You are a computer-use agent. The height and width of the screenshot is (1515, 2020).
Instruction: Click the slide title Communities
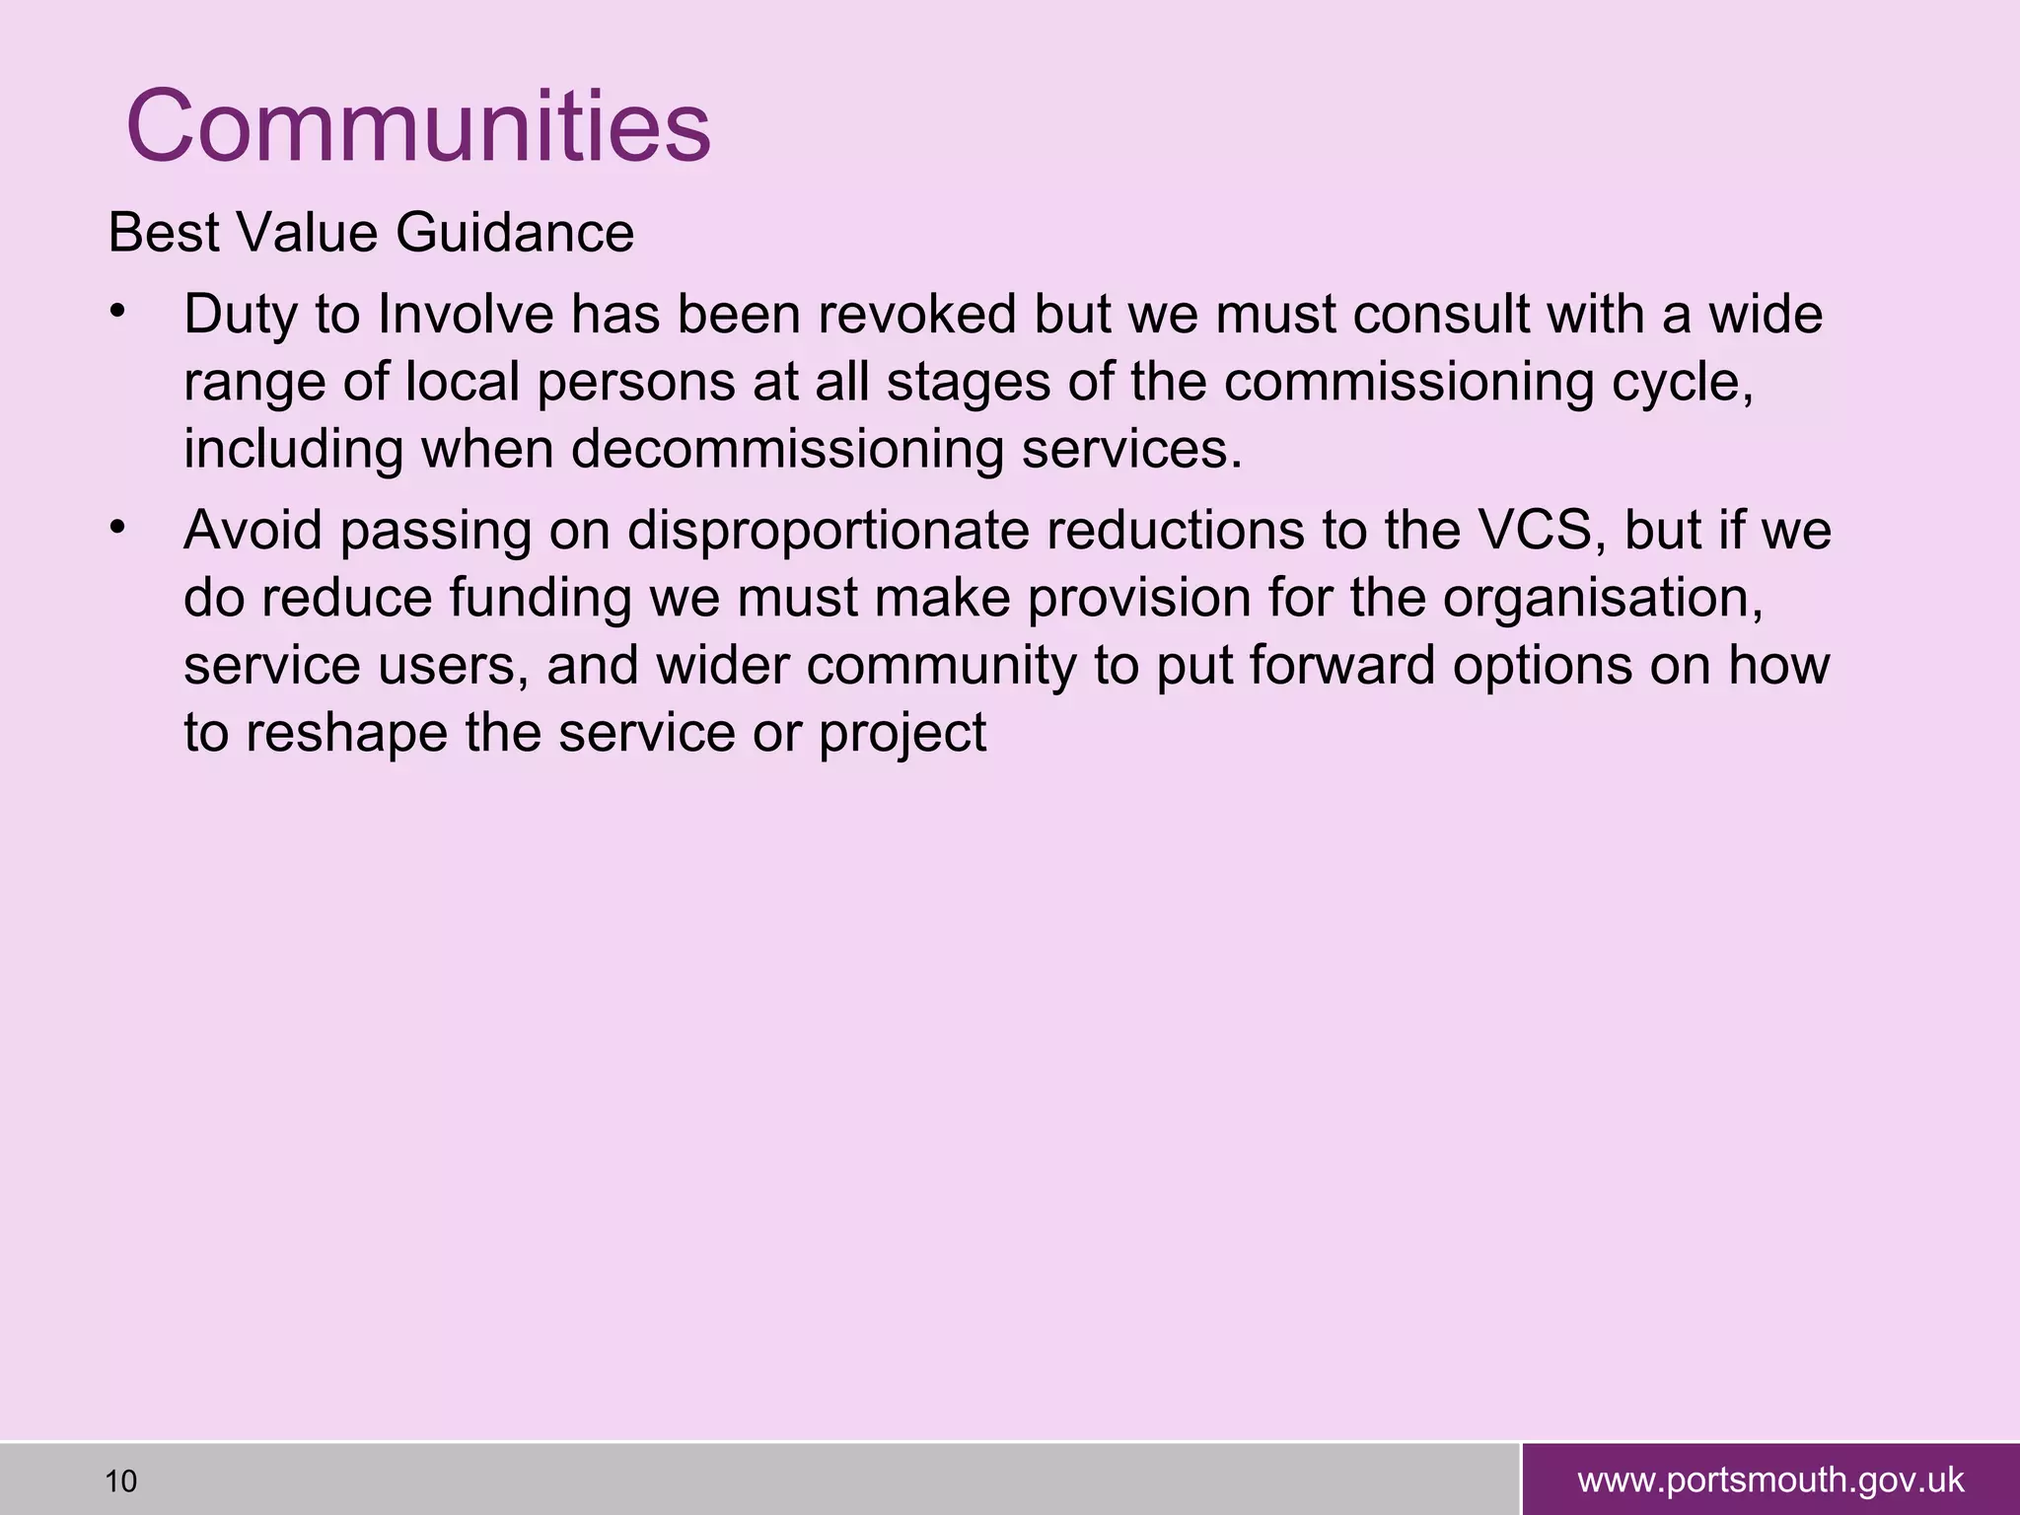coord(418,127)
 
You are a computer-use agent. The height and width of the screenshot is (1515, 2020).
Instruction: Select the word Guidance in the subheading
coord(515,234)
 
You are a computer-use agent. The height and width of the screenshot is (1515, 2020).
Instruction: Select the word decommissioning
coord(787,450)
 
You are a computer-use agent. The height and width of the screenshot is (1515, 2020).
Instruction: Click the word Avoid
coord(252,531)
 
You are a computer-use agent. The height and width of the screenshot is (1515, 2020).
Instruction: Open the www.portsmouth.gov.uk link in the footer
coord(1770,1480)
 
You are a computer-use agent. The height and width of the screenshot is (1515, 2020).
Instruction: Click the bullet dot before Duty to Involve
coord(117,313)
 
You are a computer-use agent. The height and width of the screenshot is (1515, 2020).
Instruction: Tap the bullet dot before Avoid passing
coord(117,529)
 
